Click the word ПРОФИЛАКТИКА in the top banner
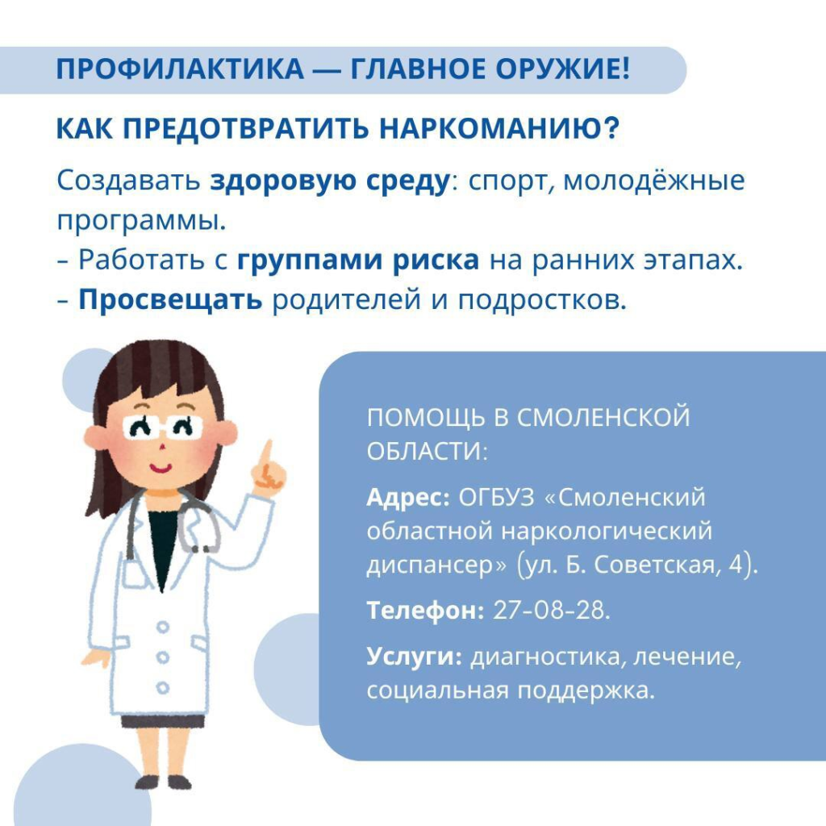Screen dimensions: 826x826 [x=180, y=69]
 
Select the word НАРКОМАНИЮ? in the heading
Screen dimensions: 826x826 [x=499, y=128]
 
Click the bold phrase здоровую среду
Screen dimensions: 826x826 [x=330, y=181]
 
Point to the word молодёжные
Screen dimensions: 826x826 [x=654, y=181]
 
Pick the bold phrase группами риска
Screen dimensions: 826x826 [x=358, y=261]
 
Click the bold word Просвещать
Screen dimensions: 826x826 [x=170, y=300]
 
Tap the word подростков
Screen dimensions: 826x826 [x=543, y=301]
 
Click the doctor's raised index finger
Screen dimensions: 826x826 [x=266, y=453]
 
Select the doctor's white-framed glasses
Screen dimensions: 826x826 [x=163, y=427]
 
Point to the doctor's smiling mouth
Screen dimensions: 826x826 [x=161, y=468]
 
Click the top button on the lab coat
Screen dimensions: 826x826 [x=163, y=627]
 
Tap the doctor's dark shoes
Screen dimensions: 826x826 [x=163, y=782]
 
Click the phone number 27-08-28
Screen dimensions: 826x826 [x=552, y=610]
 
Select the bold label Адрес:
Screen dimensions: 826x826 [x=408, y=498]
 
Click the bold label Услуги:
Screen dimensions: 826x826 [x=414, y=657]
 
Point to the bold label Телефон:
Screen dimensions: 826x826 [x=425, y=611]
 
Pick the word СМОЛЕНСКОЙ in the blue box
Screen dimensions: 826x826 [x=603, y=417]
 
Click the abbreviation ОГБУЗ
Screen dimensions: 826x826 [x=496, y=497]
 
